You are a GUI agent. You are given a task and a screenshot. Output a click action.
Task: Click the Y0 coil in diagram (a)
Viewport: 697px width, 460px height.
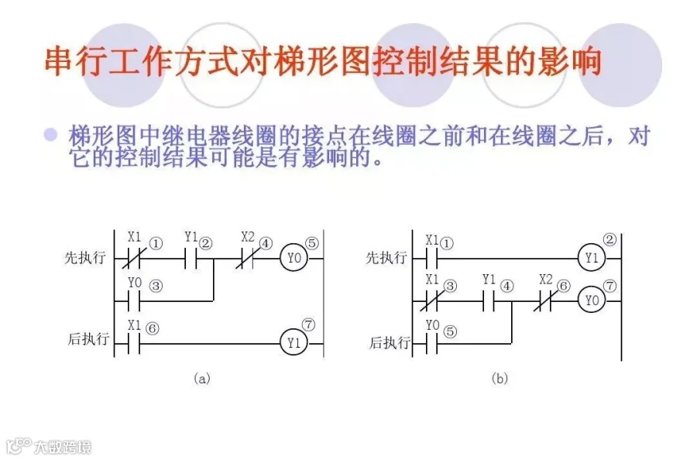(x=294, y=258)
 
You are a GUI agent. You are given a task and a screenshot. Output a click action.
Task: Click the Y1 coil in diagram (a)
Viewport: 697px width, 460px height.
(x=294, y=342)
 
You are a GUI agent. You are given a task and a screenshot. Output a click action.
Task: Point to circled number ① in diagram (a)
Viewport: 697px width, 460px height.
(x=156, y=244)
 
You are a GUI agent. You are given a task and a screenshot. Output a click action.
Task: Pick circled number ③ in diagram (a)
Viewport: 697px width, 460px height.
(x=156, y=286)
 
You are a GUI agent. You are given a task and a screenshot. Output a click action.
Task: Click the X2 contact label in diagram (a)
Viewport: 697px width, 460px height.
(x=248, y=236)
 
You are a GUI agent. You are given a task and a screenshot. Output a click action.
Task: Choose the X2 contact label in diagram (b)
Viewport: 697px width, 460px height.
(x=546, y=279)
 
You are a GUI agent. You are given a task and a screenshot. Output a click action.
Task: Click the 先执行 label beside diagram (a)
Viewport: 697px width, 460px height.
(x=84, y=258)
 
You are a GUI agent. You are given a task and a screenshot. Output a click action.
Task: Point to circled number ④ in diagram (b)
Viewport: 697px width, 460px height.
(x=507, y=287)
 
